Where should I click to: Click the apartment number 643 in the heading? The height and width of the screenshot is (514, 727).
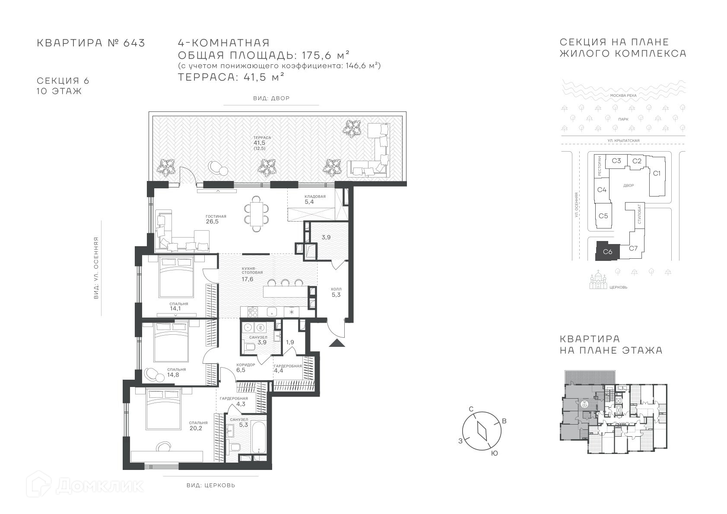(134, 43)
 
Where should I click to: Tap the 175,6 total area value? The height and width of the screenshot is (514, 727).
(317, 55)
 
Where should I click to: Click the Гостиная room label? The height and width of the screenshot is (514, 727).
(216, 216)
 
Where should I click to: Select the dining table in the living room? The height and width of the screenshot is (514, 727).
(257, 213)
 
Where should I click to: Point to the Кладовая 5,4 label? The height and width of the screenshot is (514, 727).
(314, 199)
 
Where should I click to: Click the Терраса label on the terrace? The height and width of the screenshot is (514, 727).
(262, 138)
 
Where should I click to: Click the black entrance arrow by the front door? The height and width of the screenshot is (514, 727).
(337, 343)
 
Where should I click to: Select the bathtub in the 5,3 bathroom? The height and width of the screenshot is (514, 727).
(259, 437)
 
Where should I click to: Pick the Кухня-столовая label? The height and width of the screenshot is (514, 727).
(252, 271)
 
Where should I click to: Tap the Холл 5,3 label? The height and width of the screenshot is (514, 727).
(336, 292)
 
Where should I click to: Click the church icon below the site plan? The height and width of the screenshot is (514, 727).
(598, 279)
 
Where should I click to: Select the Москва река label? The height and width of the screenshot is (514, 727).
(623, 95)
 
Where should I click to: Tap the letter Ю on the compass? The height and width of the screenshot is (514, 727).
(495, 454)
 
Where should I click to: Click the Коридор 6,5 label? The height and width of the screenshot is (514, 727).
(246, 367)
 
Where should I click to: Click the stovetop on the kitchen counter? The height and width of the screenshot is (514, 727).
(253, 312)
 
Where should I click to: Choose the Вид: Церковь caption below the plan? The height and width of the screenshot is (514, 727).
(211, 485)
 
